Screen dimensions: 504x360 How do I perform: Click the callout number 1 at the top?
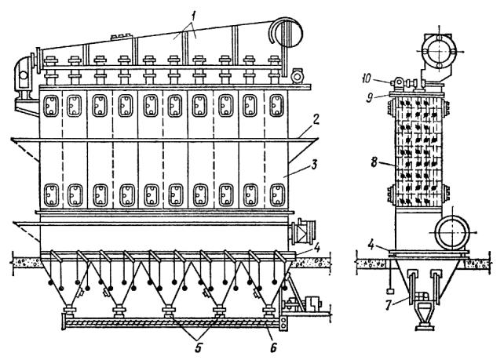[192, 17]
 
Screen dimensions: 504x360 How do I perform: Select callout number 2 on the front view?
[316, 120]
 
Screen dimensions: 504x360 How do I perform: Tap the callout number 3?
[314, 165]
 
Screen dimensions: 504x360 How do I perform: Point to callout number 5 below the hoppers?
[199, 347]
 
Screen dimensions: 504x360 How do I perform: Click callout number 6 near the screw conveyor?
[273, 347]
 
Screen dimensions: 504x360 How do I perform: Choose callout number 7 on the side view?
[389, 305]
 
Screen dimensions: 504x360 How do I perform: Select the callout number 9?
[370, 98]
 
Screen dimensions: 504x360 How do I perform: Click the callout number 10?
[367, 78]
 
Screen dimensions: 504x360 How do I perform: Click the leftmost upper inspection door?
[51, 106]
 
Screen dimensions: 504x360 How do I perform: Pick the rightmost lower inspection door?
[277, 195]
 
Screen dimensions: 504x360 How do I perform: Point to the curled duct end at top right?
[286, 32]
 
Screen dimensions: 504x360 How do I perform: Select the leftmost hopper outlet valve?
[69, 311]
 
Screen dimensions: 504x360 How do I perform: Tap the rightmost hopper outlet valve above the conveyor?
[269, 311]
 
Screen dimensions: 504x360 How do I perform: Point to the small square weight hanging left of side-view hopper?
[390, 291]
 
